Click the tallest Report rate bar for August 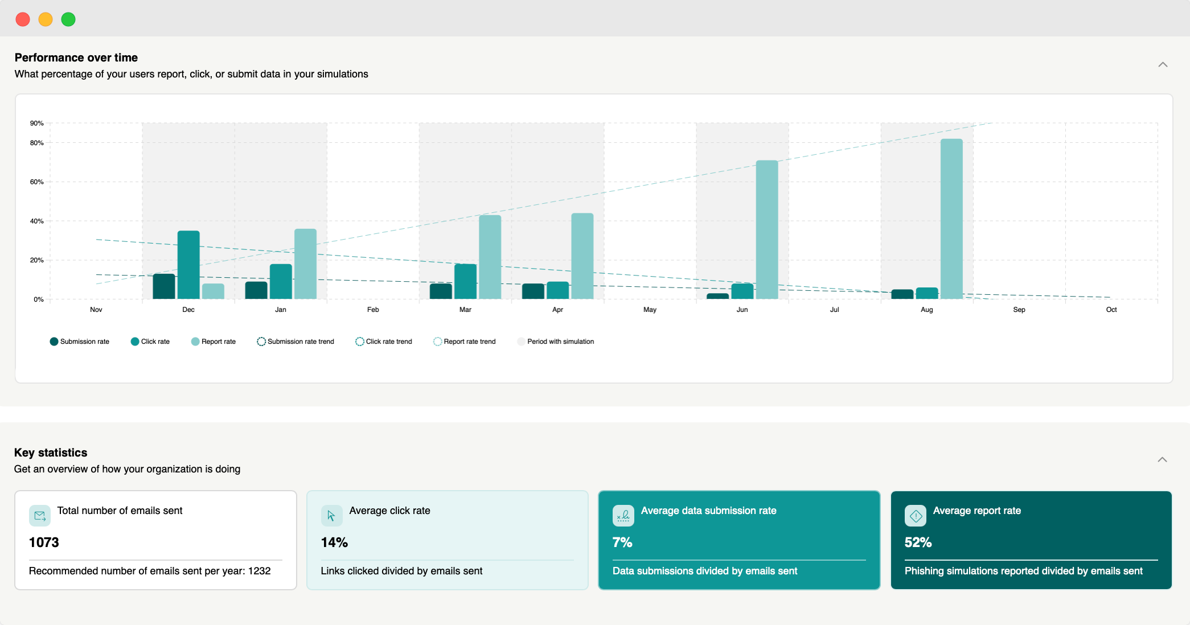pyautogui.click(x=951, y=219)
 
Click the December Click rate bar pyautogui.click(x=188, y=265)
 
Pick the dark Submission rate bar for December pyautogui.click(x=164, y=286)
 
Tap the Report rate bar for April pyautogui.click(x=582, y=256)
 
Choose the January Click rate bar pyautogui.click(x=281, y=281)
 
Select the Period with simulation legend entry pyautogui.click(x=555, y=342)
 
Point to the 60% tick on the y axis pyautogui.click(x=37, y=182)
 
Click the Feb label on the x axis pyautogui.click(x=373, y=310)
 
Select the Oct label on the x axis pyautogui.click(x=1111, y=310)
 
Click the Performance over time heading pyautogui.click(x=76, y=57)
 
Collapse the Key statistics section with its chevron pyautogui.click(x=1162, y=459)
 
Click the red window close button pyautogui.click(x=23, y=19)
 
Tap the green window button pyautogui.click(x=68, y=19)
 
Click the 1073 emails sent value pyautogui.click(x=44, y=542)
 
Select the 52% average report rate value pyautogui.click(x=918, y=542)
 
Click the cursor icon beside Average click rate pyautogui.click(x=331, y=516)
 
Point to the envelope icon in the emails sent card pyautogui.click(x=40, y=516)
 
